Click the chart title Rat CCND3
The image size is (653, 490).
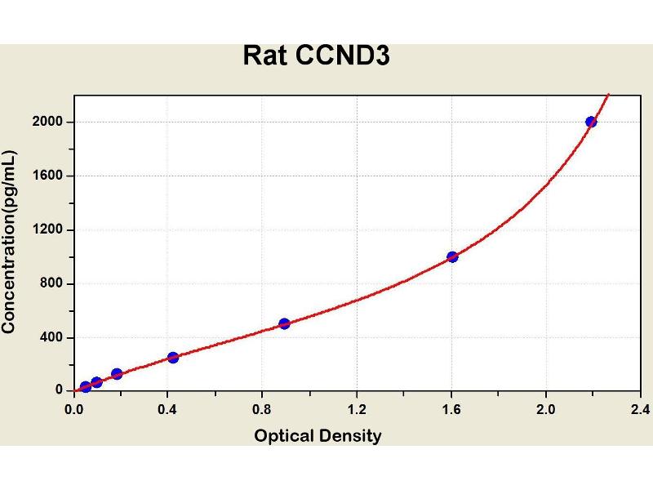tap(318, 56)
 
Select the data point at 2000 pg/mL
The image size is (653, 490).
tap(591, 122)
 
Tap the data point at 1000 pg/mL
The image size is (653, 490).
tap(452, 256)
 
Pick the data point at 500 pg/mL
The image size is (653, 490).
tap(284, 323)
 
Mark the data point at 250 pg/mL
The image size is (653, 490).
tap(173, 357)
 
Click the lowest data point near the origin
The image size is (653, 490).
tap(85, 386)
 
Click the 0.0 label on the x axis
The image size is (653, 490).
tap(74, 408)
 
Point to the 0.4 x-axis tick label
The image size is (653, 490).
tap(168, 408)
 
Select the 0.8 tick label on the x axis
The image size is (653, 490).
tap(263, 408)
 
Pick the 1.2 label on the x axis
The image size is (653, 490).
tap(357, 408)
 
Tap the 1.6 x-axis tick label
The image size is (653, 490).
tap(451, 408)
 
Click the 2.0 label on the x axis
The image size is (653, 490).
tap(545, 408)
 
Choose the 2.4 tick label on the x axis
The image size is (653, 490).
tap(639, 408)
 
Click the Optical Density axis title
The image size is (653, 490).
tap(318, 435)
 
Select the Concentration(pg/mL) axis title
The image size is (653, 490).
tap(11, 241)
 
